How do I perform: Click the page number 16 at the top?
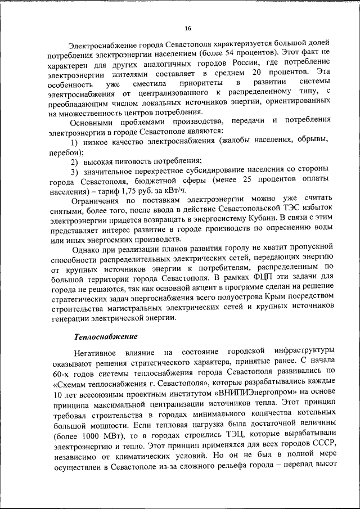pyautogui.click(x=188, y=29)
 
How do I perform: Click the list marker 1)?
pyautogui.click(x=75, y=141)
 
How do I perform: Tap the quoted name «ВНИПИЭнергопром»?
pyautogui.click(x=255, y=391)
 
